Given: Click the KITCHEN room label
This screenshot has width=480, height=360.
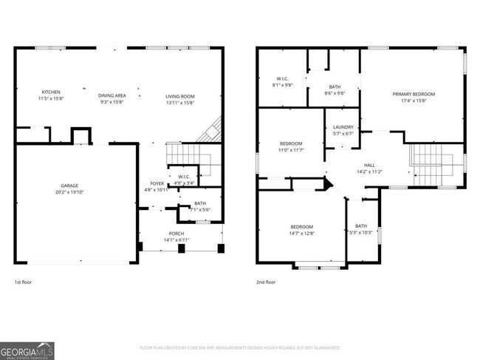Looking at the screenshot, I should click(x=50, y=92).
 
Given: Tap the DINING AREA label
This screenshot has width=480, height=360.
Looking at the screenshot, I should click(x=112, y=95).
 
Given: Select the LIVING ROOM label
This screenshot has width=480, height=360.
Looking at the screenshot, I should click(x=179, y=95).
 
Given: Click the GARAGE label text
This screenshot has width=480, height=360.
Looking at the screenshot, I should click(x=70, y=186).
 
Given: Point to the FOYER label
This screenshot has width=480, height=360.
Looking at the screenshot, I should click(x=157, y=183).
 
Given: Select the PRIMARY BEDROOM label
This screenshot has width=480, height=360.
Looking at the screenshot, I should click(x=414, y=94).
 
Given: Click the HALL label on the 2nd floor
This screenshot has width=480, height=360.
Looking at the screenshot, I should click(x=369, y=166).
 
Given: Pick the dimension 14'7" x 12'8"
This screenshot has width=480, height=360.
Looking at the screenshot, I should click(x=301, y=233).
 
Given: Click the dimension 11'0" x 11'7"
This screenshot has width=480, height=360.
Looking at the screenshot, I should click(x=291, y=150).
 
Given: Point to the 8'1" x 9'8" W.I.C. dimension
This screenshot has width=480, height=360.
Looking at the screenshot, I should click(x=283, y=85).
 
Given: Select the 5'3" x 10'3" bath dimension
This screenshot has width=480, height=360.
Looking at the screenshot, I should click(x=360, y=233).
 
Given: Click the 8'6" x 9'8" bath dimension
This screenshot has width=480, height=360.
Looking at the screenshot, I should click(x=335, y=93).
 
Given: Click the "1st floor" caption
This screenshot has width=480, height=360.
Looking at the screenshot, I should click(x=23, y=282).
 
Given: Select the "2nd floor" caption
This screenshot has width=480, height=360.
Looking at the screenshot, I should click(x=266, y=282).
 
